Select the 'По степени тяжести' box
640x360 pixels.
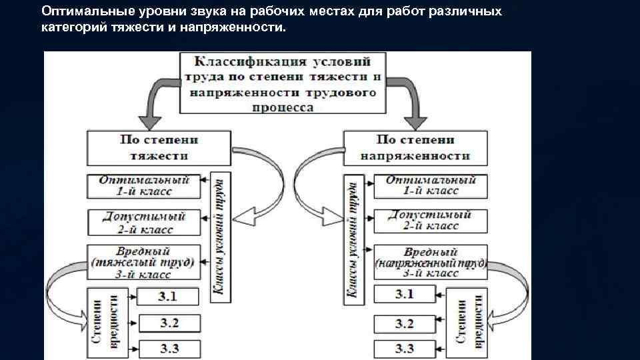coord(159,148)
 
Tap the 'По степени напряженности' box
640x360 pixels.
coord(415,148)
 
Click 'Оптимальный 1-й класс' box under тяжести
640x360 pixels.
coord(144,185)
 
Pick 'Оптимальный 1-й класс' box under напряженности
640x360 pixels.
coord(430,185)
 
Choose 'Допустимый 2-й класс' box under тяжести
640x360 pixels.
coord(144,222)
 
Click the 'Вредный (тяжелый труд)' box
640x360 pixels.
coord(144,262)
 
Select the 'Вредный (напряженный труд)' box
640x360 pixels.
coord(430,262)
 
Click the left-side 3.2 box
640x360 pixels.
coord(169,323)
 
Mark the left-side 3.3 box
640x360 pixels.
coord(169,348)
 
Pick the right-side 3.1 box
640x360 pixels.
coord(404,294)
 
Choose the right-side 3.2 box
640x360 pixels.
coord(404,323)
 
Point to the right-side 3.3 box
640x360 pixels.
coord(404,348)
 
